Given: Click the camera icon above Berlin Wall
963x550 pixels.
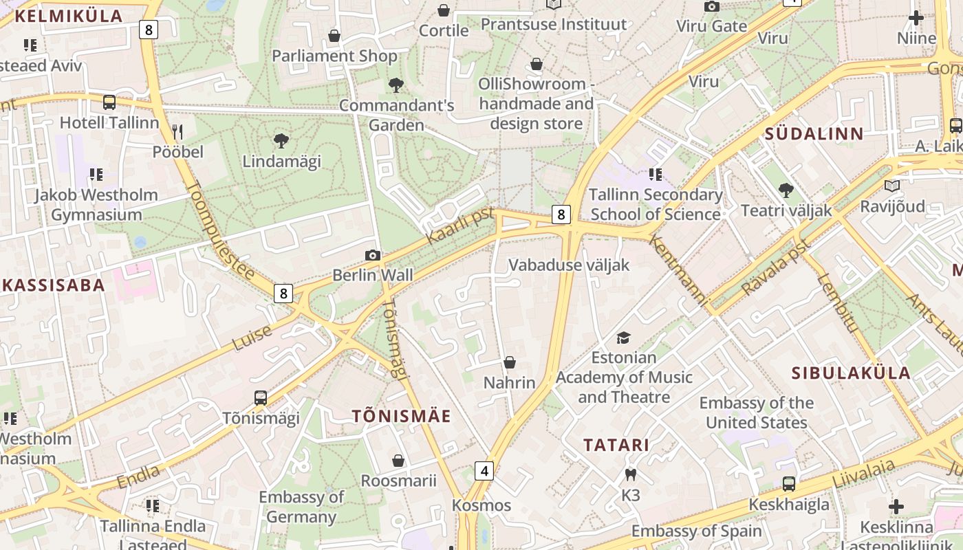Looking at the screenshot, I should click(372, 256).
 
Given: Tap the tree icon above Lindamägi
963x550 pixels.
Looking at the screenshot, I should click(281, 142).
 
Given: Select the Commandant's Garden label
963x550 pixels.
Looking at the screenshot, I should click(396, 115).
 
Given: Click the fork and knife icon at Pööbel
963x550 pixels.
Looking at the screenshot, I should click(177, 131).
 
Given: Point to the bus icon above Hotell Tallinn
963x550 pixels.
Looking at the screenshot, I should click(109, 102).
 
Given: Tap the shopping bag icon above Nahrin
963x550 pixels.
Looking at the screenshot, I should click(510, 362).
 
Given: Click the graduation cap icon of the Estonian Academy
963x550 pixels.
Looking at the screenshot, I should click(623, 338).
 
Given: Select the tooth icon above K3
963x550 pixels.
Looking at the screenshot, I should click(630, 474).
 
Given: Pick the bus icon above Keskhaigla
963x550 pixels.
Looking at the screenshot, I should click(789, 484).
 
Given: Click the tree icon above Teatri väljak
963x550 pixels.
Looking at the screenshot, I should click(786, 190).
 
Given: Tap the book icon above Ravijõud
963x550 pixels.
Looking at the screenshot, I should click(892, 186).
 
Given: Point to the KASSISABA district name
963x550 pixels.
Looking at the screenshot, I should click(53, 285).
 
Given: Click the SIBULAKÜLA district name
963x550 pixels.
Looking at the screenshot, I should click(851, 373).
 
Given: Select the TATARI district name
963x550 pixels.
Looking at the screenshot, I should click(616, 445).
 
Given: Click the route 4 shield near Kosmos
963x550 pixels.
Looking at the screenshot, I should click(485, 471).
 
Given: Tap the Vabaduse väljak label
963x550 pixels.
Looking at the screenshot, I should click(568, 265).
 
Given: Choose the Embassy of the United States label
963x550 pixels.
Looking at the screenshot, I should click(756, 412).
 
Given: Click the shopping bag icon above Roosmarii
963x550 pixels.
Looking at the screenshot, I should click(398, 461).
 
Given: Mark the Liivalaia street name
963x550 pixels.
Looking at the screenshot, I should click(864, 474).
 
